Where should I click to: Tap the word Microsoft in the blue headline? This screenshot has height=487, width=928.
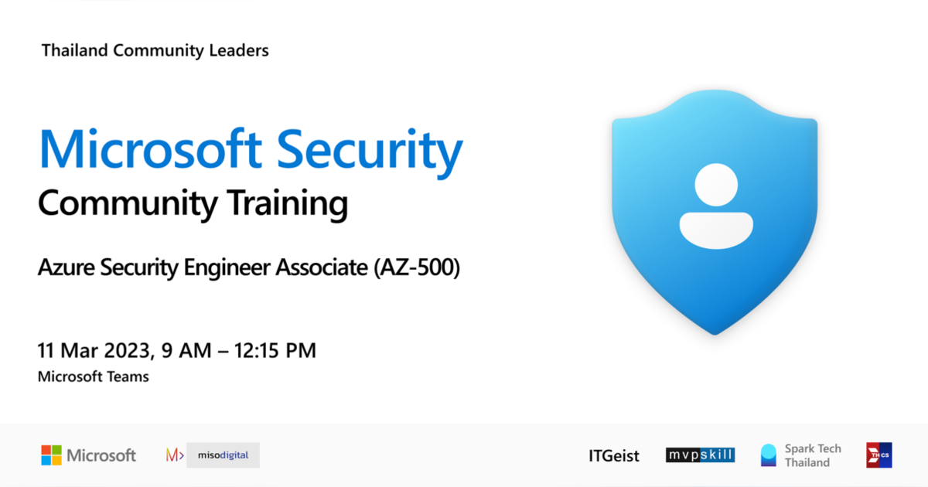pos(151,150)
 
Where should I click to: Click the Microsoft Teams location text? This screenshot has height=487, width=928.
pos(94,376)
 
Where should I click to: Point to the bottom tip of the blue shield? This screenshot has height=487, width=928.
pos(715,331)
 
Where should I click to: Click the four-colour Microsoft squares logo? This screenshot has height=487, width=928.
pos(51,455)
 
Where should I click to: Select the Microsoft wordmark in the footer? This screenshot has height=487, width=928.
pos(101,455)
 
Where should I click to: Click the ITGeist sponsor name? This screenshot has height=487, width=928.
pos(614,456)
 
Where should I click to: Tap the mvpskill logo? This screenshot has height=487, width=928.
pos(700,455)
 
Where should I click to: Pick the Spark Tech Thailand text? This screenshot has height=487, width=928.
pos(812,455)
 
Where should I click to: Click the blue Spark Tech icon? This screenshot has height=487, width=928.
pos(768,455)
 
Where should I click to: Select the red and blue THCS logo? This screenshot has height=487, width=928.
pos(879,455)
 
